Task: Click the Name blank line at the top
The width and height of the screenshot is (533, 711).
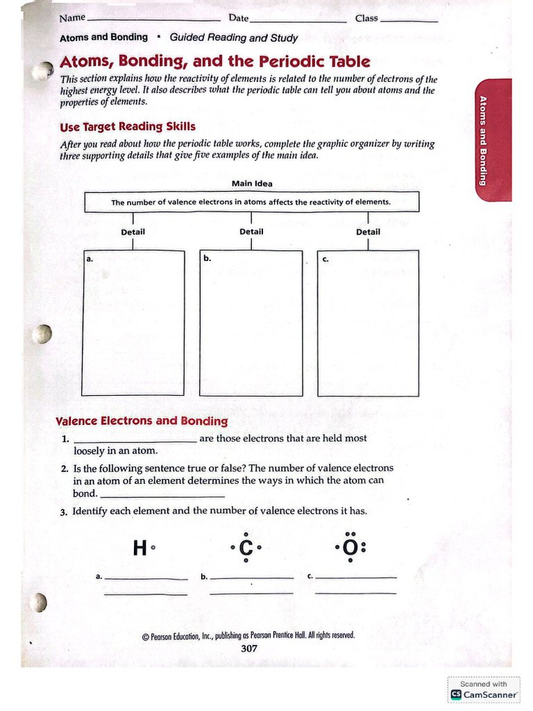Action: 153,20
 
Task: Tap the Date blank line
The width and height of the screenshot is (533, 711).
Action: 298,21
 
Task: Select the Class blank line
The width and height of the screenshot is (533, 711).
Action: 409,21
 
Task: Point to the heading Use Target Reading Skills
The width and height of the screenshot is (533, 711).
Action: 128,126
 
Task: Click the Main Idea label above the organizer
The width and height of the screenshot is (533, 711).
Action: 252,184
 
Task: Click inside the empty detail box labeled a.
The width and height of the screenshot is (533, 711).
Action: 134,323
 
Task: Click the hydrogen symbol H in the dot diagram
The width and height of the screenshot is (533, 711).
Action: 139,549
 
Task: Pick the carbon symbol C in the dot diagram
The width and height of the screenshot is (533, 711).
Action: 246,549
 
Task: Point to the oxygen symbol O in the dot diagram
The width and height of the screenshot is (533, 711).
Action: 350,549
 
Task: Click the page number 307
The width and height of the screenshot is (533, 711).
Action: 248,649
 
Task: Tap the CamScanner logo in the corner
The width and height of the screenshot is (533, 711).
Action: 484,694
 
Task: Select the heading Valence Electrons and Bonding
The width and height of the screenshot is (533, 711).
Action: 142,421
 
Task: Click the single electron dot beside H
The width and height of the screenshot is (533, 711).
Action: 153,548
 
